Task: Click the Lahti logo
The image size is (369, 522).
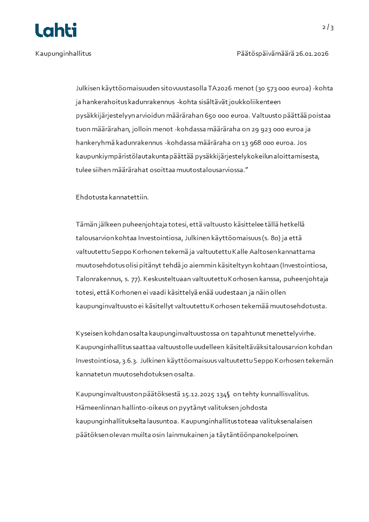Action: point(56,30)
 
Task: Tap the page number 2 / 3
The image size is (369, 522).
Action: point(328,27)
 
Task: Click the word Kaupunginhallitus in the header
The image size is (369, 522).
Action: point(63,53)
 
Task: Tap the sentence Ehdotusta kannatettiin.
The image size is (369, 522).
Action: point(112,197)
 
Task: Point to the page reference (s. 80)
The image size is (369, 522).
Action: point(270,238)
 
